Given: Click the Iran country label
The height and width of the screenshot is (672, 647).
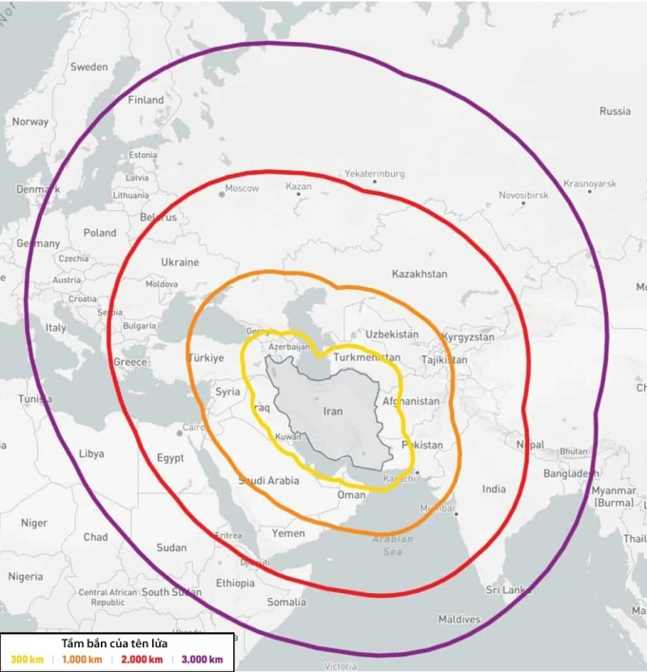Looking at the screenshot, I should pos(333,412).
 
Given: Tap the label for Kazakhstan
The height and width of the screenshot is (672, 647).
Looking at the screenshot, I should pos(419,274).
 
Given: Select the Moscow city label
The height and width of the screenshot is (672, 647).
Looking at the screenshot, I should pos(242,188).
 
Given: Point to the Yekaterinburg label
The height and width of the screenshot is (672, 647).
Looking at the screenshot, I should pos(374,174).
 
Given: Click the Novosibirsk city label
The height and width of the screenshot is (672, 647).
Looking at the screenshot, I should pos(523,194).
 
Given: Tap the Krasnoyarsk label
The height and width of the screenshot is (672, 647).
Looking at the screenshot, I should pos(590,182).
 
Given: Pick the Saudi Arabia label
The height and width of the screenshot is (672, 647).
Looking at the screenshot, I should pos(268,481).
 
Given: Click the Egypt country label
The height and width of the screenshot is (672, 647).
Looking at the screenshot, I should pos(170,457).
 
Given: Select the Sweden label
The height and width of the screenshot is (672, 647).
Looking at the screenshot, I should pos(89,67).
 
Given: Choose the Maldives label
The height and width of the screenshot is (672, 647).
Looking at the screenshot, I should pos(459,619).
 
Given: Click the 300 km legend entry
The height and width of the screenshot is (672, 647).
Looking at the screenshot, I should pos(26,659).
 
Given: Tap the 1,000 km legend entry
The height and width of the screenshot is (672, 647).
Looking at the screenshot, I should pos(82,659).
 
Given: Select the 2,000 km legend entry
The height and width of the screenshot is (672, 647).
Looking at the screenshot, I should pos(142,659).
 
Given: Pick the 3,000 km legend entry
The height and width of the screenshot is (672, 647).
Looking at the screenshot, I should pos(202,659).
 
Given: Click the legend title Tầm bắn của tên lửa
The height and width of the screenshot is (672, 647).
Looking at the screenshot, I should pos(116,643).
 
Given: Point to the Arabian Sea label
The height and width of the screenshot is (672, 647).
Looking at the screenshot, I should pos(392,545).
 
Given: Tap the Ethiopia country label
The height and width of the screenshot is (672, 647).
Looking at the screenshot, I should pos(235,583).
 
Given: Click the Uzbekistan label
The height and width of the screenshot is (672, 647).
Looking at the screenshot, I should pos(391,335).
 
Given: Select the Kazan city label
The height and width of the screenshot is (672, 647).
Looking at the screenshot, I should pos(299,186).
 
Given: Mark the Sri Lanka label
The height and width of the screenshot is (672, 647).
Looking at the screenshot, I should pos(507,589).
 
